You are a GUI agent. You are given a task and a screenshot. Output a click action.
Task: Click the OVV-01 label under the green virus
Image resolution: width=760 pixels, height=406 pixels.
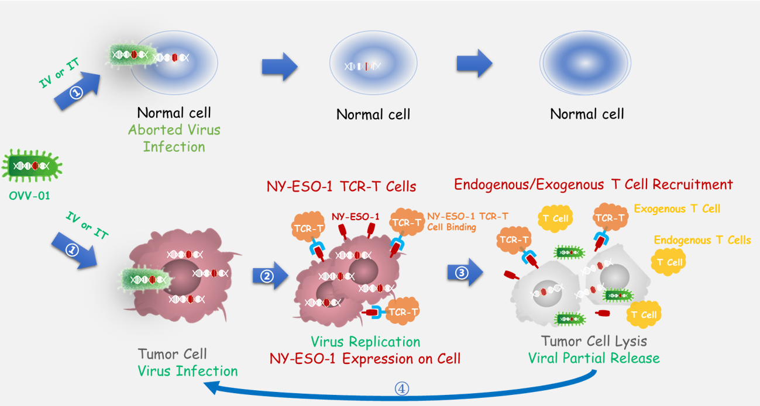[29, 195]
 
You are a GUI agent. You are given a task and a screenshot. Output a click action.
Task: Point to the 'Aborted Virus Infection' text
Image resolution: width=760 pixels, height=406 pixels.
[174, 138]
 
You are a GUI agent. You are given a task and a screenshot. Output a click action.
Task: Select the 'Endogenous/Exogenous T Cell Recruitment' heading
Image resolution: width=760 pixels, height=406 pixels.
[593, 185]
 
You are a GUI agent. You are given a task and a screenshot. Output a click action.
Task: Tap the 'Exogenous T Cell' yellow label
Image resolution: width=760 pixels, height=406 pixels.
[677, 209]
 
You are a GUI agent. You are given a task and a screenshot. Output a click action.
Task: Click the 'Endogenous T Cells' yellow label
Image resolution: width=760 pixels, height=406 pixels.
[702, 240]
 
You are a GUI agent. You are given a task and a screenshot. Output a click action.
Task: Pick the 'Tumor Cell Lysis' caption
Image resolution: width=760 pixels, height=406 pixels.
[594, 341]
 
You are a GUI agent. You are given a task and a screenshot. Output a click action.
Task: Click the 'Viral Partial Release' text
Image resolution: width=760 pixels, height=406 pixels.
[594, 358]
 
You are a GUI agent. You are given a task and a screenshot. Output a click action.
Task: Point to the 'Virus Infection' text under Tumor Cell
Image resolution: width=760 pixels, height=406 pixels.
[188, 371]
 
